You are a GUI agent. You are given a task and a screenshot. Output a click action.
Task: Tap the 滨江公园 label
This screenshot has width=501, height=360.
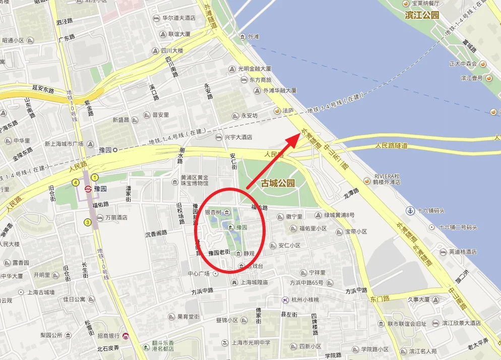click(x=422, y=15)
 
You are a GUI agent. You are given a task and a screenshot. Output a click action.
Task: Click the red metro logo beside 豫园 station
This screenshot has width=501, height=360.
click(x=89, y=189)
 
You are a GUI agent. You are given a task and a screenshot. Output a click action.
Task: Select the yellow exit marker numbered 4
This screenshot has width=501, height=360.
click(x=76, y=182)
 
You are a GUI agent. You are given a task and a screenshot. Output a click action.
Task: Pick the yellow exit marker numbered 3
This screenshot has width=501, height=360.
click(x=88, y=222)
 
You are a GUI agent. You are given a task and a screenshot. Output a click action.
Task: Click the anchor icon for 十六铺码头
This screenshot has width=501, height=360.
click(x=411, y=210)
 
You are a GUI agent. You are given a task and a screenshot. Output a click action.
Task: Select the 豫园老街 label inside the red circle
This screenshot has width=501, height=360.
click(x=219, y=252)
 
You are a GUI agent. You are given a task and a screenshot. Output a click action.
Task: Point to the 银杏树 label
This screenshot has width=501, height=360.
click(x=213, y=212)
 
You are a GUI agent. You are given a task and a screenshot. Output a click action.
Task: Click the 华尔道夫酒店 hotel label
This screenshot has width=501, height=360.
click(x=178, y=18)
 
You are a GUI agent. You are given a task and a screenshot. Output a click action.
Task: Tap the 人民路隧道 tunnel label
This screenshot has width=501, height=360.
click(x=391, y=146)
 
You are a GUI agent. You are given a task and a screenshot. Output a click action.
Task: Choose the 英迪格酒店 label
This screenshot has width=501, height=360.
click(x=463, y=252)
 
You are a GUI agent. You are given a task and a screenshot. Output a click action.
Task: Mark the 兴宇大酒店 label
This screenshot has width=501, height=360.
click(x=238, y=137)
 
